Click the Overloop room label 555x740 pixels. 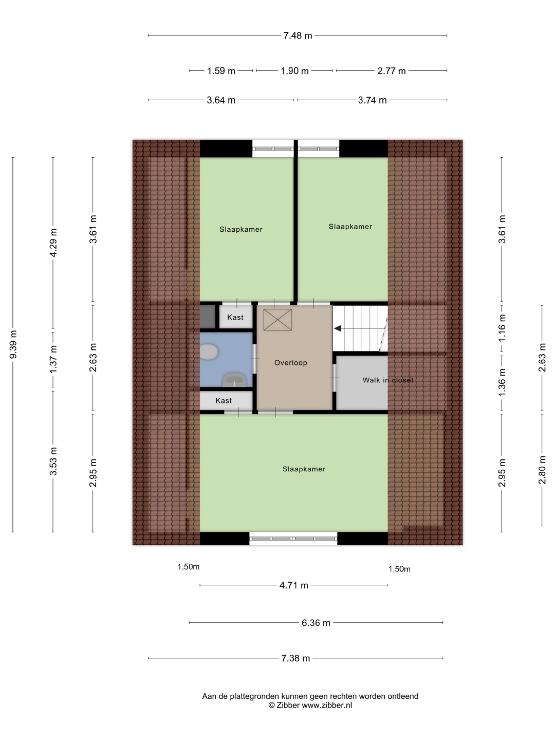290,363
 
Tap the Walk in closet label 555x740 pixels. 388,380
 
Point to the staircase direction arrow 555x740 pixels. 360,328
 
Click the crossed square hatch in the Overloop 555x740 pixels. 277,319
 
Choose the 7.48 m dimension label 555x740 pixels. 298,35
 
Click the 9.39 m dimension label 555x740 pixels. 13,344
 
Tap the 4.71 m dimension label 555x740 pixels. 294,585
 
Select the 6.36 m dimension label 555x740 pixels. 316,623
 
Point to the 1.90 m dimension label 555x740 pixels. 294,71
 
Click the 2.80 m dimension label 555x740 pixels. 542,470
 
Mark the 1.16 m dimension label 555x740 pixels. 502,328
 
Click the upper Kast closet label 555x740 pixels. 235,317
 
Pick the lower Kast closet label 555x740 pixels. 224,400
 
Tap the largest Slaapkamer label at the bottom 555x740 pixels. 304,469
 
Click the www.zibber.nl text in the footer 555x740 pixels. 326,705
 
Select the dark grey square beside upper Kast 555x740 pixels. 208,317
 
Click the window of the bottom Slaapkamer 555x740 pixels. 293,539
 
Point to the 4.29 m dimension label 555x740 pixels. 53,243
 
